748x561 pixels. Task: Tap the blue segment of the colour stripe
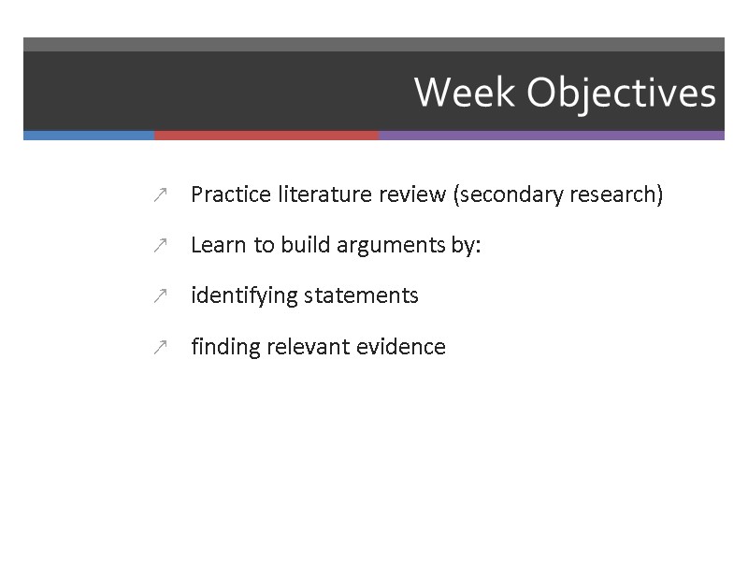tap(89, 136)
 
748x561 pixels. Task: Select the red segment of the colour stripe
tap(266, 136)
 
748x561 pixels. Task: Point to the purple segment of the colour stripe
tap(552, 136)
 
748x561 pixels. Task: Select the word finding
tap(225, 347)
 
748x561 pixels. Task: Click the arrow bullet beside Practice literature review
tap(160, 195)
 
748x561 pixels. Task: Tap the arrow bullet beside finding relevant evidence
tap(160, 348)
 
